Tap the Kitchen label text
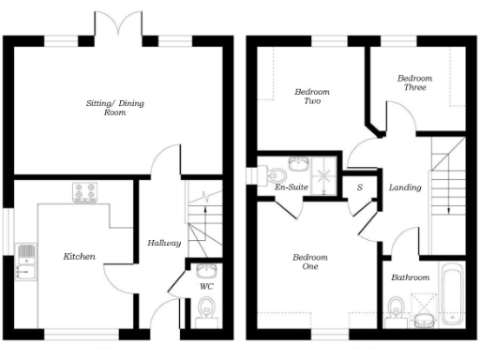pyautogui.click(x=79, y=255)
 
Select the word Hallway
pyautogui.click(x=164, y=243)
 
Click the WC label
pyautogui.click(x=206, y=287)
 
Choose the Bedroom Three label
pyautogui.click(x=414, y=82)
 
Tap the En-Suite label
pyautogui.click(x=291, y=187)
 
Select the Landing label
pyautogui.click(x=405, y=187)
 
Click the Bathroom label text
pyautogui.click(x=411, y=277)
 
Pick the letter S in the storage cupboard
pyautogui.click(x=359, y=187)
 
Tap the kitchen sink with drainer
pyautogui.click(x=25, y=262)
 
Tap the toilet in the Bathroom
pyautogui.click(x=397, y=307)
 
